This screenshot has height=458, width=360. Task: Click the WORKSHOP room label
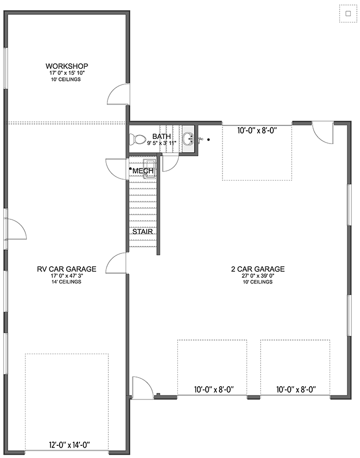pos(67,66)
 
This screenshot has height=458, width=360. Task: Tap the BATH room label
pos(161,137)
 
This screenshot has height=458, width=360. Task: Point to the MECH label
pos(143,171)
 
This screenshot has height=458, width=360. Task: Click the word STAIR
pos(143,232)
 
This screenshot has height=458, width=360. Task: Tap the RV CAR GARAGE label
pos(66,269)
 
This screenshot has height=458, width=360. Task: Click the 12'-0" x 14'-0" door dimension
pos(66,445)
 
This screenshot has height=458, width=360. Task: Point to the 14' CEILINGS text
pos(66,282)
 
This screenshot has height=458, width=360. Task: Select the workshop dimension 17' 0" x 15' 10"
pos(67,73)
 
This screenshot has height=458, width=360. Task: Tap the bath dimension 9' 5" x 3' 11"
pos(161,144)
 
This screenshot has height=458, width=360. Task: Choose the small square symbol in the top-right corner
pos(348,14)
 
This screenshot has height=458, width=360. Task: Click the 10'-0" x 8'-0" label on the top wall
pos(257,130)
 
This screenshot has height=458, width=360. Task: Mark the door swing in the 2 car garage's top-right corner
pos(322,133)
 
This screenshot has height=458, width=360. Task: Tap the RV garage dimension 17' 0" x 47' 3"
pos(66,276)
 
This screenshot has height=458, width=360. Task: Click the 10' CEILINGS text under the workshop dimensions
pos(67,79)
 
